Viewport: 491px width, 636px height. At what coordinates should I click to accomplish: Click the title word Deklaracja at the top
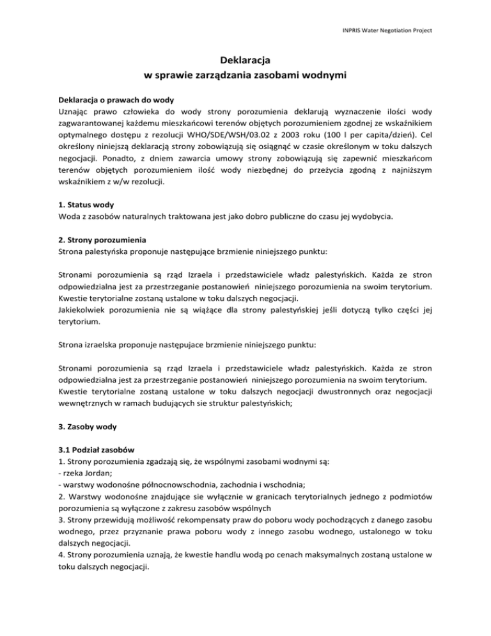(x=245, y=61)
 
